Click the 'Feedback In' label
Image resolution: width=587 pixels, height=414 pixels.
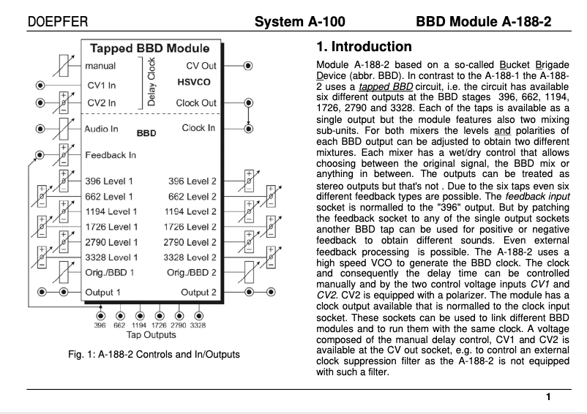click(111, 155)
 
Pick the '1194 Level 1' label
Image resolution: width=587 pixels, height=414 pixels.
click(111, 211)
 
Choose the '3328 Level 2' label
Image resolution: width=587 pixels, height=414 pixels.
click(192, 257)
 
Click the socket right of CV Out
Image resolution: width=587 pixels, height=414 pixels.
click(248, 65)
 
